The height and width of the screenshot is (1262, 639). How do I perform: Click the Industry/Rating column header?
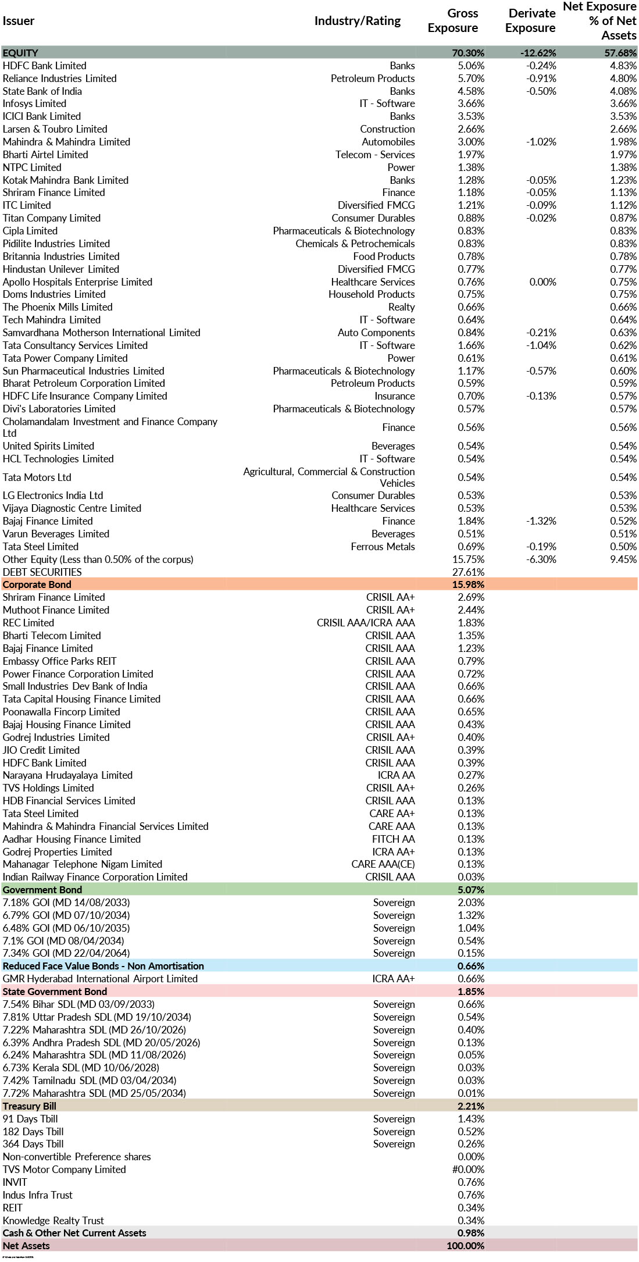[x=357, y=21]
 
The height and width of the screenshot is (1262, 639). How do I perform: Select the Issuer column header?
[x=19, y=21]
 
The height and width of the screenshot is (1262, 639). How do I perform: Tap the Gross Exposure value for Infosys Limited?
[x=470, y=104]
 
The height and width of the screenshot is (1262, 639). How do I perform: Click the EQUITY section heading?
[x=20, y=53]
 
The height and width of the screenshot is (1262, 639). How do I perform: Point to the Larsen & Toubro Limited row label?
[x=55, y=129]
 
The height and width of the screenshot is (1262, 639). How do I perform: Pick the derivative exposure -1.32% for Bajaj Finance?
[x=541, y=521]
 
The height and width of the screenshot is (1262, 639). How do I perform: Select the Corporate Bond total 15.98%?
[x=468, y=584]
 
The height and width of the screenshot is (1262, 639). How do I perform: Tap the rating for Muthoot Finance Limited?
[x=390, y=610]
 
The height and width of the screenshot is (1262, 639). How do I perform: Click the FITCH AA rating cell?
[x=393, y=839]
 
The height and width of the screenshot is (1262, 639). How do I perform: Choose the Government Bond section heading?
[x=42, y=890]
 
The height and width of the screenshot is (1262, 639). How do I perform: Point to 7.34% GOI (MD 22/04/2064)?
[x=66, y=953]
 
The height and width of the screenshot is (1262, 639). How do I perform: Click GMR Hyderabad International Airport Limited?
[x=100, y=979]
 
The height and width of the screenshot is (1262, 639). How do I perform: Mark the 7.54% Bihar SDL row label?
[x=78, y=1004]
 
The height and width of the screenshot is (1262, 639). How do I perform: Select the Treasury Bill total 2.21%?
[x=470, y=1106]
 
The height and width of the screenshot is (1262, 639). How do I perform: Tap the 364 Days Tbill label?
[x=33, y=1144]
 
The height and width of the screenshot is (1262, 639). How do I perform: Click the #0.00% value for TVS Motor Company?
[x=468, y=1170]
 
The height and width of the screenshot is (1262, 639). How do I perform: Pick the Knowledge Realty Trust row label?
[x=53, y=1220]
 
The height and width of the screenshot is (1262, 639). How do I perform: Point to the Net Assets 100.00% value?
[x=465, y=1246]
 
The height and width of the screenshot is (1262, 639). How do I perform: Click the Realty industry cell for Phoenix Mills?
[x=401, y=307]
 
